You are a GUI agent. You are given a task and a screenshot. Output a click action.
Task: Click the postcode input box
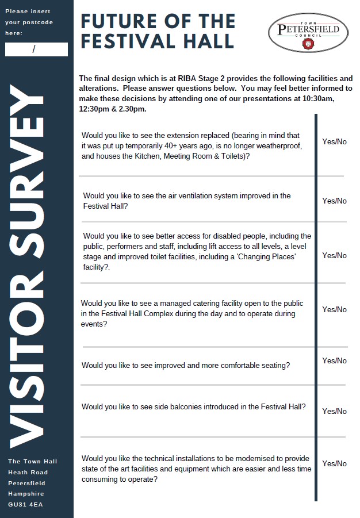click(36, 49)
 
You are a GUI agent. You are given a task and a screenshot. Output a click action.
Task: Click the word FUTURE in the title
click(120, 21)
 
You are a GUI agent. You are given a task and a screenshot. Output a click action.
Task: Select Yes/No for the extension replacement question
click(334, 141)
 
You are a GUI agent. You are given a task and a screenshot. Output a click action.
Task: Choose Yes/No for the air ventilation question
click(334, 201)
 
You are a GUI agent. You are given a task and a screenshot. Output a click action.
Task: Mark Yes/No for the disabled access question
click(334, 255)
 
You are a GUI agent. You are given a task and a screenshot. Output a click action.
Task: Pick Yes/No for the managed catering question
click(334, 309)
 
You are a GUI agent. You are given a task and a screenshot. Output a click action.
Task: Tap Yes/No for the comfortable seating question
click(334, 360)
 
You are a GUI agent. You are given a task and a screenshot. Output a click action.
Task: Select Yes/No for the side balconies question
click(334, 411)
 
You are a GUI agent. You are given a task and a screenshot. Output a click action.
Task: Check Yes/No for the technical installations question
click(334, 463)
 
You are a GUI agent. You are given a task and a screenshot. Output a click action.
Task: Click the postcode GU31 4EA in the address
click(25, 505)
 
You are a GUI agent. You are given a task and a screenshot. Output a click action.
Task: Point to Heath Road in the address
click(28, 472)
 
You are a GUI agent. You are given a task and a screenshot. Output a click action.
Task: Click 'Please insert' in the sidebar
click(28, 11)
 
